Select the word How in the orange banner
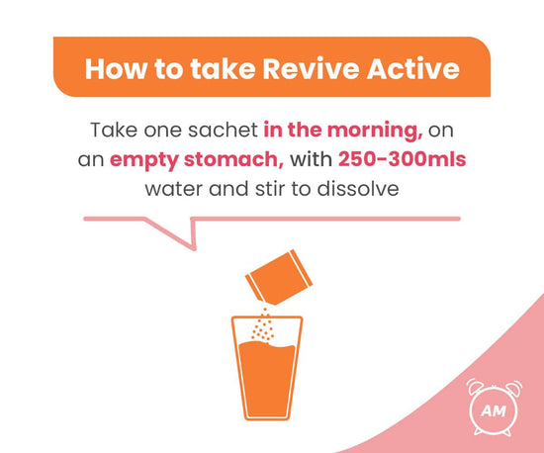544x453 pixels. tap(113, 68)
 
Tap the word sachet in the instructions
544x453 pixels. tap(226, 130)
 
